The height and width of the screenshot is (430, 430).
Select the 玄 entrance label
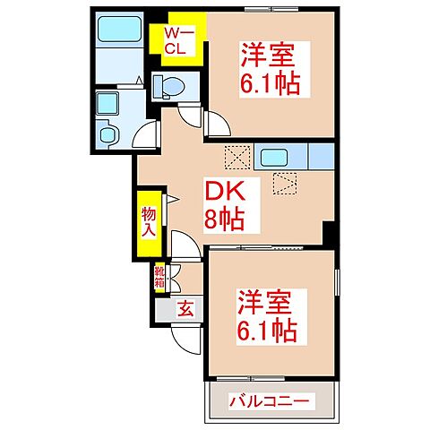click(x=183, y=310)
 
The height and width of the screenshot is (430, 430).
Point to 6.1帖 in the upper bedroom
click(x=269, y=85)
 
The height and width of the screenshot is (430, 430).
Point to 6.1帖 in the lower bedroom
click(x=268, y=328)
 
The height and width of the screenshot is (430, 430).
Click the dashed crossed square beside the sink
click(x=236, y=158)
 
